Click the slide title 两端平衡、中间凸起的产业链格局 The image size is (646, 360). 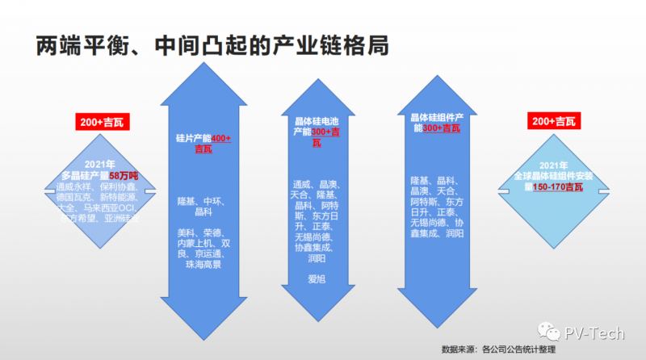tap(212, 45)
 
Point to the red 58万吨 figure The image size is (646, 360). tap(124, 175)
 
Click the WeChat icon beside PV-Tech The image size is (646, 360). tap(551, 332)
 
